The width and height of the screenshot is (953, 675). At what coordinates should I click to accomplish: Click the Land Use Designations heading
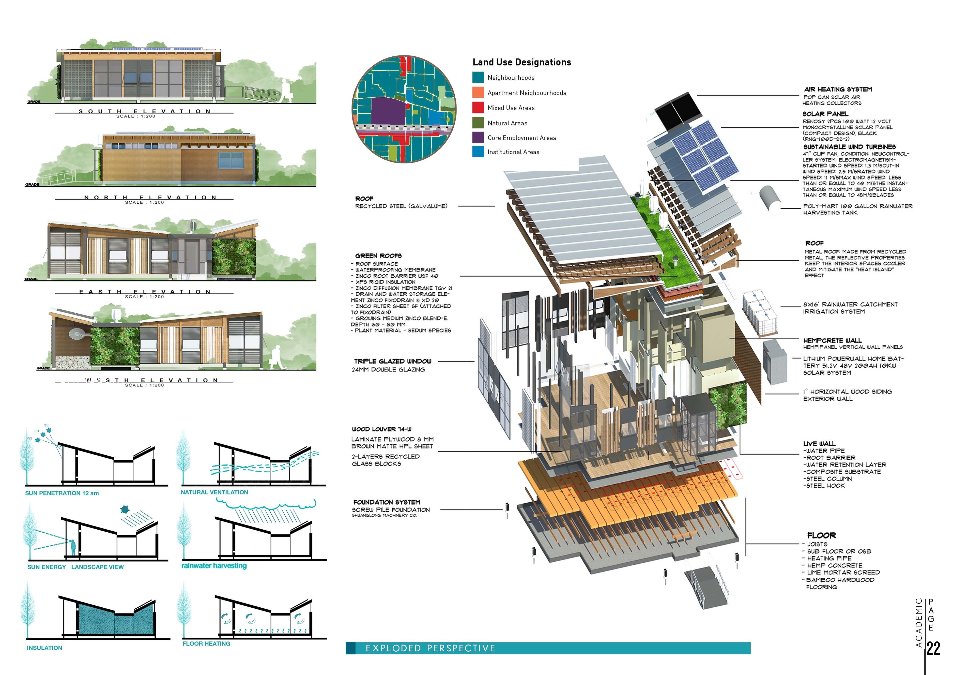pyautogui.click(x=522, y=62)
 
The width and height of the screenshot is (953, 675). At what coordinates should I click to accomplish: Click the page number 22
pyautogui.click(x=933, y=648)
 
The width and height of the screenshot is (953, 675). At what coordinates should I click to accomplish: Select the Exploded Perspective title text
pyautogui.click(x=431, y=648)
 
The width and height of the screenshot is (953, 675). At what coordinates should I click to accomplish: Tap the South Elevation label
pyautogui.click(x=145, y=111)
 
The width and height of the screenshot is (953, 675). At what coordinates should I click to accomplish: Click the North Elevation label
pyautogui.click(x=150, y=198)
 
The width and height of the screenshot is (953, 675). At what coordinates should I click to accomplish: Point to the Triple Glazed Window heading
pyautogui.click(x=393, y=361)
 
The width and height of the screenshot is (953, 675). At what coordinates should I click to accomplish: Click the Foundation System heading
pyautogui.click(x=387, y=502)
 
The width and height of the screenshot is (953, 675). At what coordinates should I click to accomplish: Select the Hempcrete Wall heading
pyautogui.click(x=832, y=340)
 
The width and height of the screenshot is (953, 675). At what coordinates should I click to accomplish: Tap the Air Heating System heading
pyautogui.click(x=838, y=89)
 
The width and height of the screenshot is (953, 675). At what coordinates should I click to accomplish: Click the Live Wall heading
pyautogui.click(x=819, y=443)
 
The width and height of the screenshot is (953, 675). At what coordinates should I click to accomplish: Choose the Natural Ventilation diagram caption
pyautogui.click(x=214, y=492)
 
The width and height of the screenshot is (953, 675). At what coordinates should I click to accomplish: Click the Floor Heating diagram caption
pyautogui.click(x=206, y=643)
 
